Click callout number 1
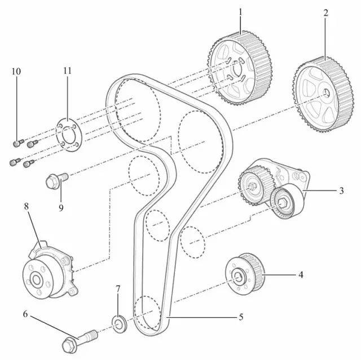pos(240,11)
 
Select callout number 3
pos(341,191)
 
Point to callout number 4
pos(301,275)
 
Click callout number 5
pos(241,317)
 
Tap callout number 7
pos(118,289)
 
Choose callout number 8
pos(26,206)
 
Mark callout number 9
pos(61,207)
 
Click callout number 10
pos(16,72)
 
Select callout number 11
pos(68,72)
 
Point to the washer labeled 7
pos(119,325)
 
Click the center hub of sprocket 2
pos(327,94)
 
